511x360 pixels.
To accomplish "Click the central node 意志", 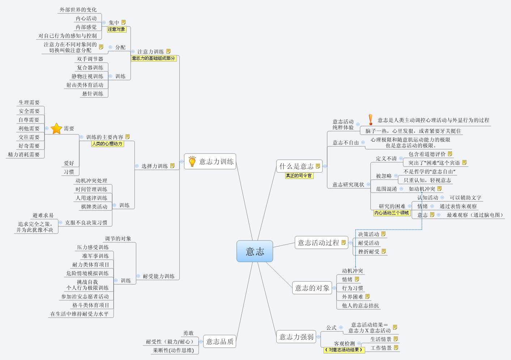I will (x=255, y=251).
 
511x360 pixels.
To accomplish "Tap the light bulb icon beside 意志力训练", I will (x=192, y=161).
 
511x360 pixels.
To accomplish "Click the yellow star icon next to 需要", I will (x=56, y=128).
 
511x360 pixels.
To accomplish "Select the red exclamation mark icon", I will (x=370, y=120).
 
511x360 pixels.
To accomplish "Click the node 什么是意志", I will (x=296, y=166).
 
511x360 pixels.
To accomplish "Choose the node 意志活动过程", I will (x=318, y=243).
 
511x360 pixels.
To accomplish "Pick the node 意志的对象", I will (x=312, y=288).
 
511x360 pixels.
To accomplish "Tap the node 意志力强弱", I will (x=296, y=337).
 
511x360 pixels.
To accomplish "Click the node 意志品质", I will (x=220, y=341).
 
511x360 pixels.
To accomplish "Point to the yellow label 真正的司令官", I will (x=299, y=176).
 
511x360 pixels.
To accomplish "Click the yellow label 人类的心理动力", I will (x=107, y=144).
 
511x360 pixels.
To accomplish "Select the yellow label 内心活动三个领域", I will (x=392, y=213).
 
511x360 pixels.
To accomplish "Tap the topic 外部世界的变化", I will (x=78, y=10).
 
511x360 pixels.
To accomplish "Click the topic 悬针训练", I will (x=93, y=94).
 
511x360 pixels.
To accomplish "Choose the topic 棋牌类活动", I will (x=94, y=207).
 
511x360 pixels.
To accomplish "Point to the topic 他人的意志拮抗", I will (x=360, y=305).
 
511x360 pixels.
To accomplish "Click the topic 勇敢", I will (x=188, y=333).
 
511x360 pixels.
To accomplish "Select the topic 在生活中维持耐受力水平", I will (x=80, y=314).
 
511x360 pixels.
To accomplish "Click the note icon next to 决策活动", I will (x=383, y=234).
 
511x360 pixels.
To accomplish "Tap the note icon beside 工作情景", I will (x=396, y=348).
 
